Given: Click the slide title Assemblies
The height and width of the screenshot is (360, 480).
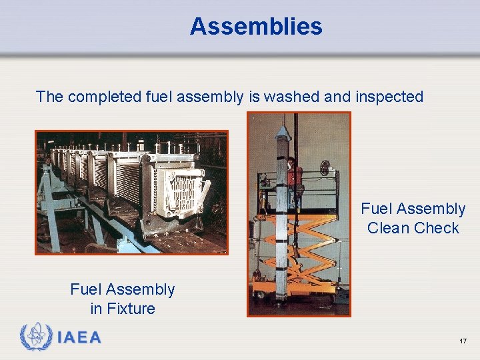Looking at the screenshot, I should click(256, 27).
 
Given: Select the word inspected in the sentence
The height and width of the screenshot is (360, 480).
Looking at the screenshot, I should click(389, 97).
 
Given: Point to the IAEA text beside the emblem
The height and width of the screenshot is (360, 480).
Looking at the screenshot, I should click(79, 337).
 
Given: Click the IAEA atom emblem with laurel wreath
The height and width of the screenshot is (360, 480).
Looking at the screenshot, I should click(36, 336).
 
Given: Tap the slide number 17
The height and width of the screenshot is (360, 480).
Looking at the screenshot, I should click(463, 341).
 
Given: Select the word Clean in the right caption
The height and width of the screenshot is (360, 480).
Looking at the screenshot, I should click(387, 228).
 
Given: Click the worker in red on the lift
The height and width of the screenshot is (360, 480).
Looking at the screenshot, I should click(294, 176).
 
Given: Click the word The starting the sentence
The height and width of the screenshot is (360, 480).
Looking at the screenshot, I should click(49, 97).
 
